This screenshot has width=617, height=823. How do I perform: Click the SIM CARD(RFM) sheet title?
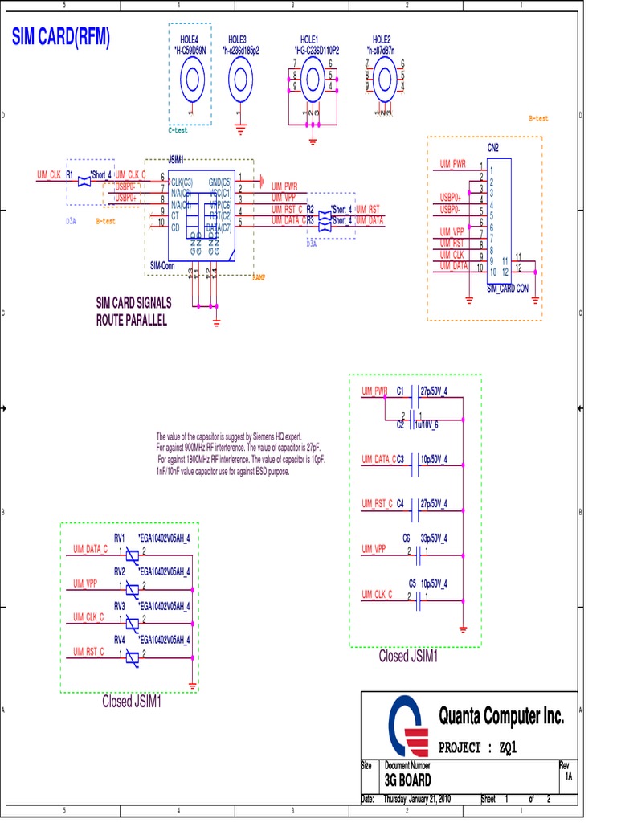61,38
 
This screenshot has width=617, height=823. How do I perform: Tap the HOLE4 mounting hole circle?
191,80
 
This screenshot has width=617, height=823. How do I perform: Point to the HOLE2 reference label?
382,39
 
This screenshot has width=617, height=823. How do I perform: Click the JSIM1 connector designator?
176,159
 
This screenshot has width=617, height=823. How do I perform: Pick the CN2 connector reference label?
492,148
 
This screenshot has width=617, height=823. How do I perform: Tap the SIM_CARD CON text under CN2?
507,288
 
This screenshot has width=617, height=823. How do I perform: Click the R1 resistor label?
70,174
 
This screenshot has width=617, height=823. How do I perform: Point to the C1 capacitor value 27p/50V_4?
434,391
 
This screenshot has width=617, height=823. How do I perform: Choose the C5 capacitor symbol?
417,597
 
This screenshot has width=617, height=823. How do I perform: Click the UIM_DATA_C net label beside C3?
378,459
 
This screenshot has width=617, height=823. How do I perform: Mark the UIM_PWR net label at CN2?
452,164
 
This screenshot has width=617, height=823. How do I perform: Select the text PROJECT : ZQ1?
478,747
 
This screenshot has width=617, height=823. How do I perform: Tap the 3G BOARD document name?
407,780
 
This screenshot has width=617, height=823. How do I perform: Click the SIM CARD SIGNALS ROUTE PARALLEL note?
133,312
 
